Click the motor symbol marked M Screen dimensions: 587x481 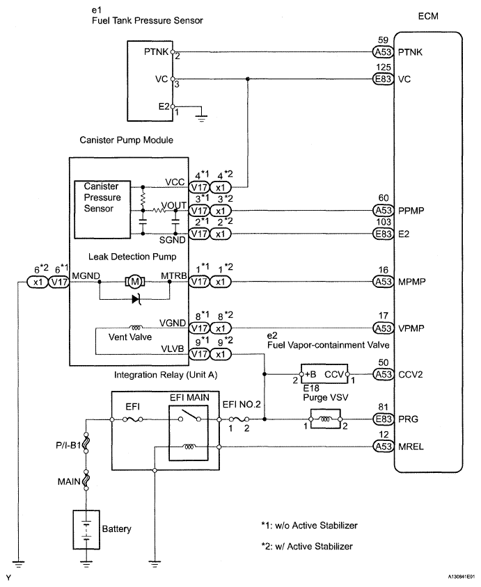pos(132,281)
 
